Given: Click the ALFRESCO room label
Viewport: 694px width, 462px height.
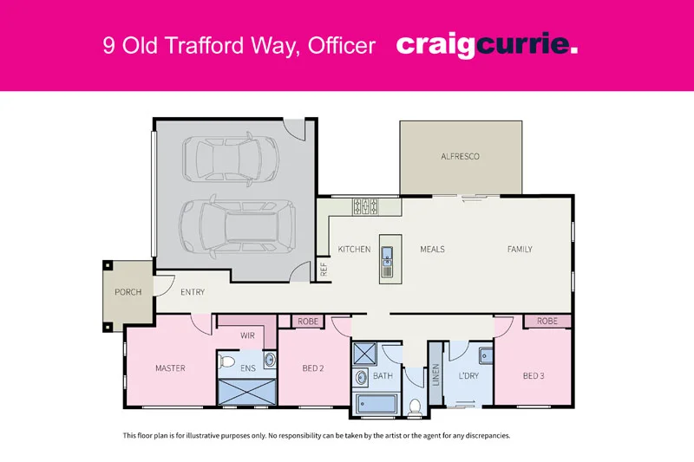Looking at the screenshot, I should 461,156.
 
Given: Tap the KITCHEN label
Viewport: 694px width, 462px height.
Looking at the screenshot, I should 354,250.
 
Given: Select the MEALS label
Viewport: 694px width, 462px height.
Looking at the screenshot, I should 432,250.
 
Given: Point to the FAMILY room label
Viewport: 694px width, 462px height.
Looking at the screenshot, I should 520,250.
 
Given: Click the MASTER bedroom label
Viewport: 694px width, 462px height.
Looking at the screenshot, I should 170,368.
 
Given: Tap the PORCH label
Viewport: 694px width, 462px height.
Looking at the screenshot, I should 128,292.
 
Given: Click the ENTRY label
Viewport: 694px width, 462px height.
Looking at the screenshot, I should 193,292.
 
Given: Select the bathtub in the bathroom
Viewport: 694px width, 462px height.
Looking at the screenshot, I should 375,405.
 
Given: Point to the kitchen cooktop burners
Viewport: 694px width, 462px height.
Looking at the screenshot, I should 365,206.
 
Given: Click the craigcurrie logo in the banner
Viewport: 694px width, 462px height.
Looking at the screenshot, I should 487,45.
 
